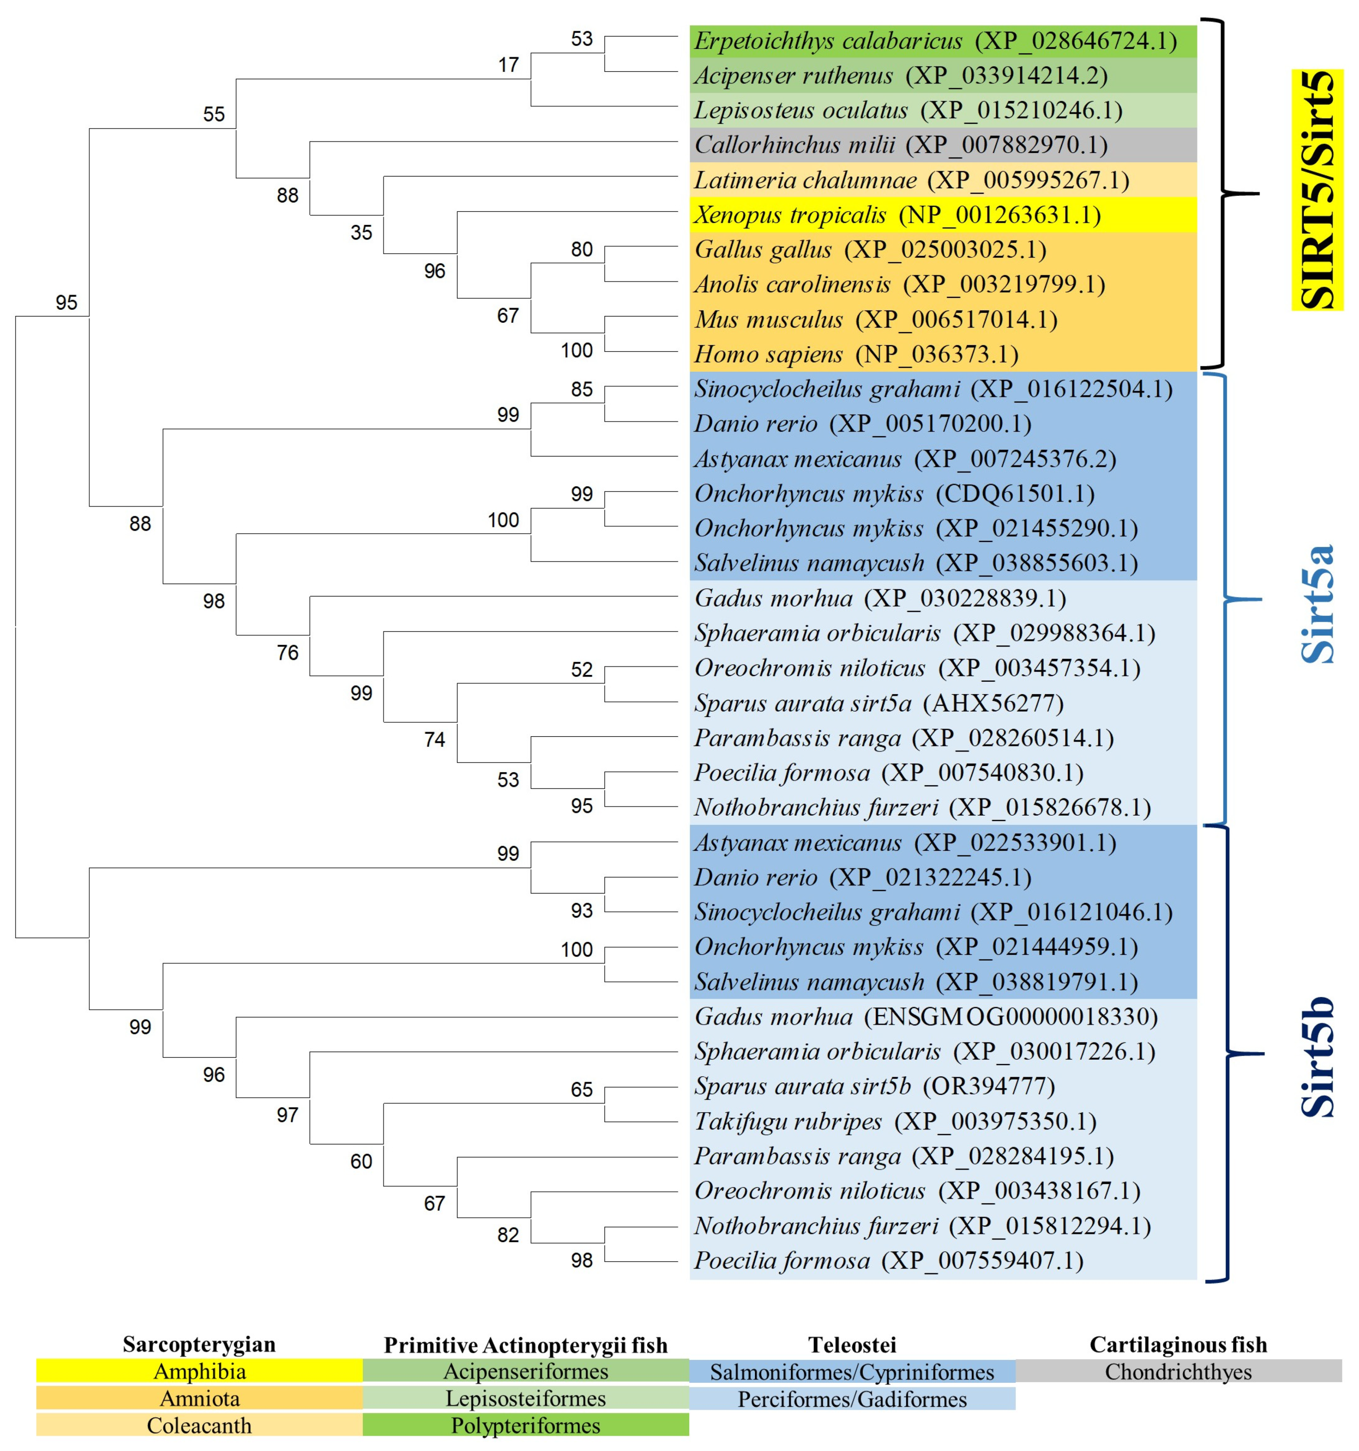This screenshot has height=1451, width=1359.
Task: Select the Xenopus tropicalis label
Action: (897, 215)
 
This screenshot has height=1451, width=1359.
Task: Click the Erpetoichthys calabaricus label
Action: (935, 41)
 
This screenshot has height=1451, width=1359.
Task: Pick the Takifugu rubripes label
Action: (895, 1121)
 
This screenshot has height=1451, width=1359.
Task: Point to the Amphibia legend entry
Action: (200, 1372)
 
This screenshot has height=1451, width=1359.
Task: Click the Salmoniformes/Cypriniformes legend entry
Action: (851, 1372)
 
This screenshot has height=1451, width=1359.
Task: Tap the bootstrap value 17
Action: (508, 65)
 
